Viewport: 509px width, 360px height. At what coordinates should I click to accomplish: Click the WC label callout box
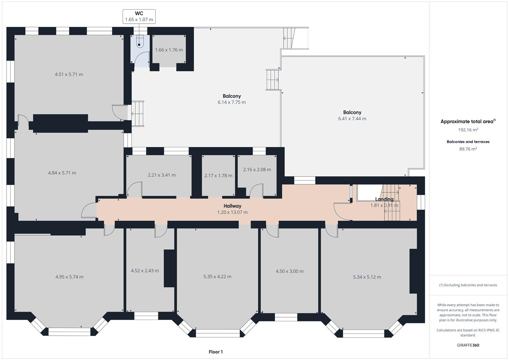click(139, 16)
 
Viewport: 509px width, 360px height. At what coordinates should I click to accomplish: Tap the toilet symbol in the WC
click(139, 42)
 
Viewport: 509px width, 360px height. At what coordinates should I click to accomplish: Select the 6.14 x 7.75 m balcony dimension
click(232, 102)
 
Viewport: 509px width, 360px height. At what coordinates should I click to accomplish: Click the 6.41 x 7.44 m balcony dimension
click(352, 119)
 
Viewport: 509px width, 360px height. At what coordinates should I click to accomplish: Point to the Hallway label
click(232, 206)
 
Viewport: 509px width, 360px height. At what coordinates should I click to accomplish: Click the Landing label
click(384, 199)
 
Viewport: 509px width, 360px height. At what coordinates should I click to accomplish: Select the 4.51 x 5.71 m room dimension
click(69, 74)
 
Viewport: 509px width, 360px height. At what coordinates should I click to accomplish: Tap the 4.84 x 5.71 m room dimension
click(62, 173)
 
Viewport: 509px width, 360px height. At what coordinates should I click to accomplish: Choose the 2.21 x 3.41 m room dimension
click(162, 175)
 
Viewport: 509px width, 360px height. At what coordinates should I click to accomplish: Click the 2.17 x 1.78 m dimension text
click(218, 175)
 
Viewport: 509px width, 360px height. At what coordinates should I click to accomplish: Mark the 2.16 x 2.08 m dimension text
click(257, 169)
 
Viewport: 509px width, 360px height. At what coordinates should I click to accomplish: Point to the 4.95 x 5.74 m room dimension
click(69, 277)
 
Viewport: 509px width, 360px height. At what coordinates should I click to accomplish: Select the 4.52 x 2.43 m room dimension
click(145, 271)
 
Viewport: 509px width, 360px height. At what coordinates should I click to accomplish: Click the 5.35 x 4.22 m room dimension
click(217, 276)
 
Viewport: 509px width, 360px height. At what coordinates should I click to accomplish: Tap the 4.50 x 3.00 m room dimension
click(290, 271)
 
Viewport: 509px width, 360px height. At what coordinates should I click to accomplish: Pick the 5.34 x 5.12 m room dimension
click(367, 277)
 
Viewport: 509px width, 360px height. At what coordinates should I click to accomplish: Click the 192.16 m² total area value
click(468, 130)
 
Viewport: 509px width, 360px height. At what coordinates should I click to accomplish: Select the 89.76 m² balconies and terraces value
click(468, 149)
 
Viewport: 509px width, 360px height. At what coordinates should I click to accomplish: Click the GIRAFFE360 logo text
click(468, 345)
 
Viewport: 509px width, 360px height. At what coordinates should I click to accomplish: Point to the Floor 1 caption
click(216, 352)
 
